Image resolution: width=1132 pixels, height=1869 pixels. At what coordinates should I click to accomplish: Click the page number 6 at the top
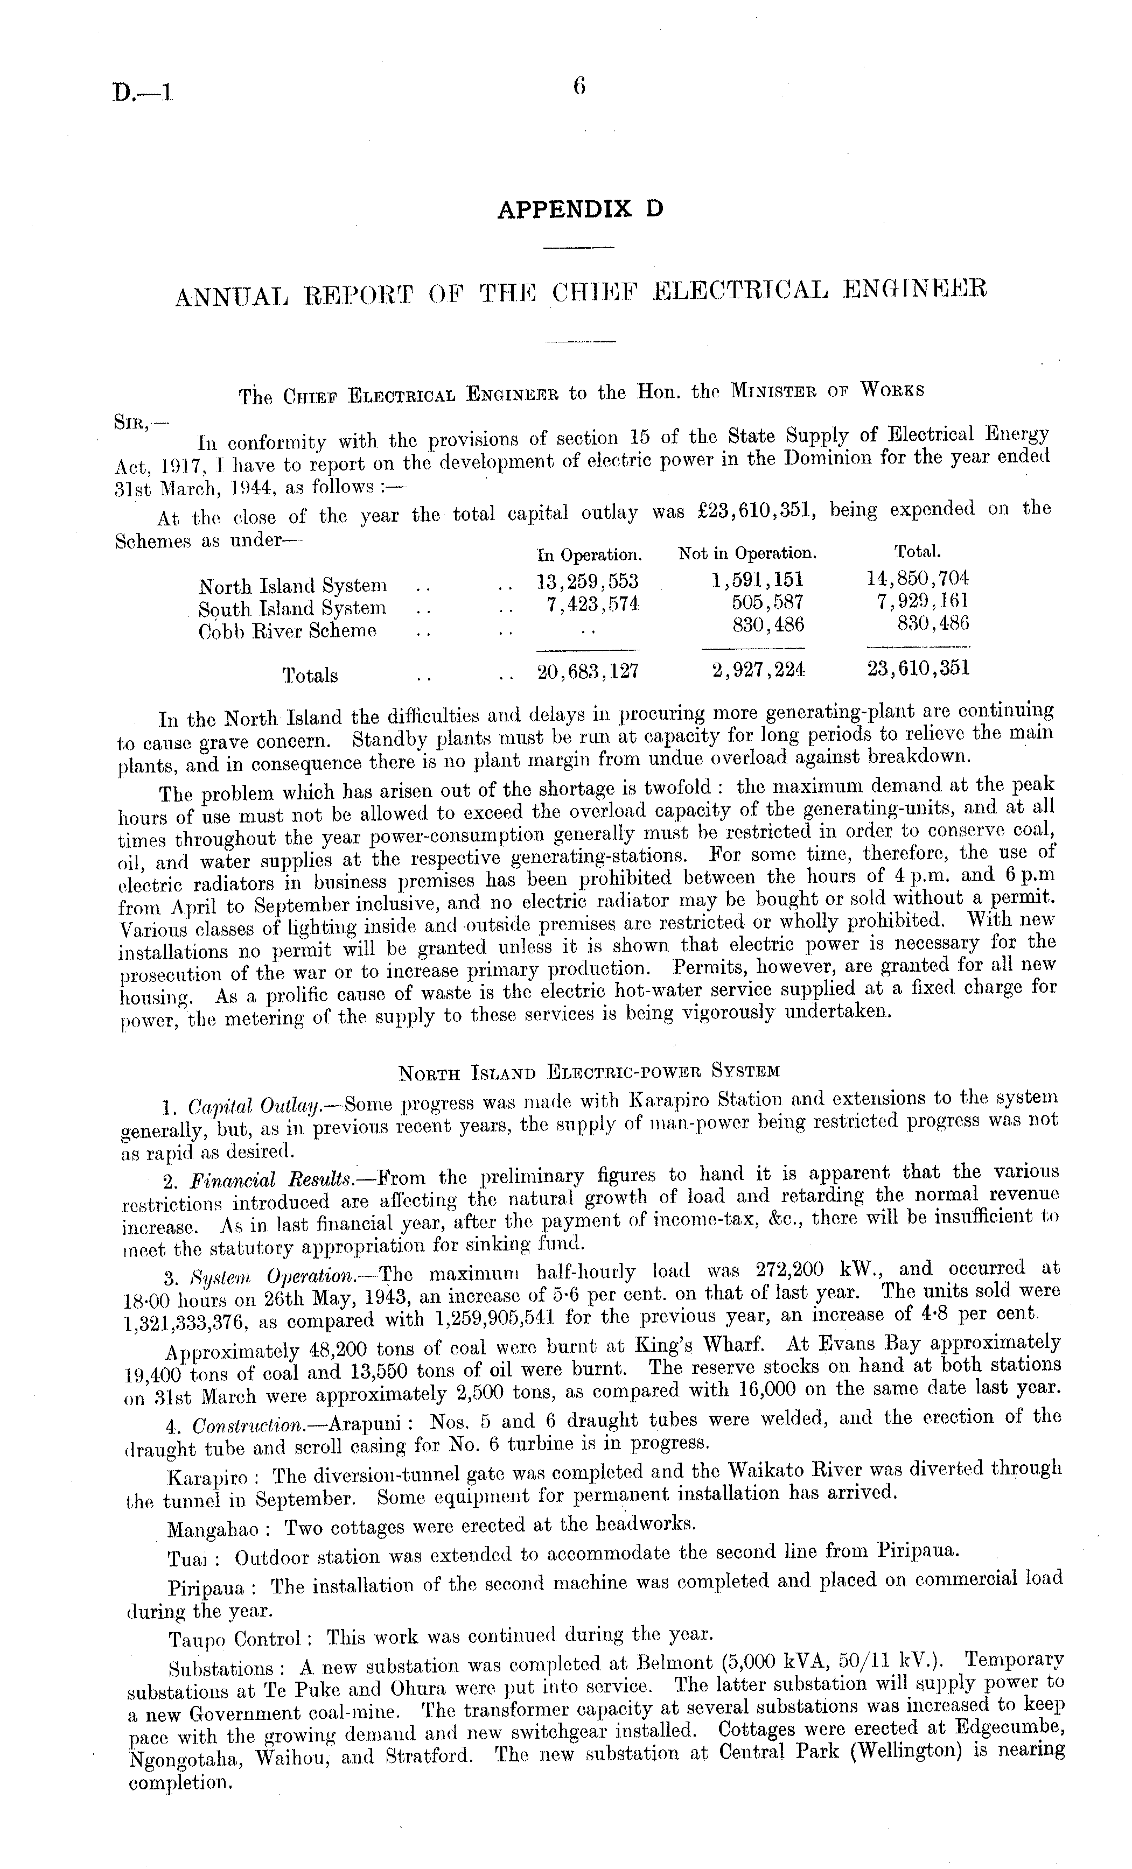(579, 87)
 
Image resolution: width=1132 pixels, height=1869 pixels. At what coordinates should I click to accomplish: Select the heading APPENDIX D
(579, 209)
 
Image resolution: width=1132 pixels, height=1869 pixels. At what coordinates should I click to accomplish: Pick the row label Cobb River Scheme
(287, 631)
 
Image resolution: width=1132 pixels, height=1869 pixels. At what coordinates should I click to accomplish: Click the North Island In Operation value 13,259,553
(587, 582)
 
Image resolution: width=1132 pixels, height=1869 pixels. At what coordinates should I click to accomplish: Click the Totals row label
(310, 675)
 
